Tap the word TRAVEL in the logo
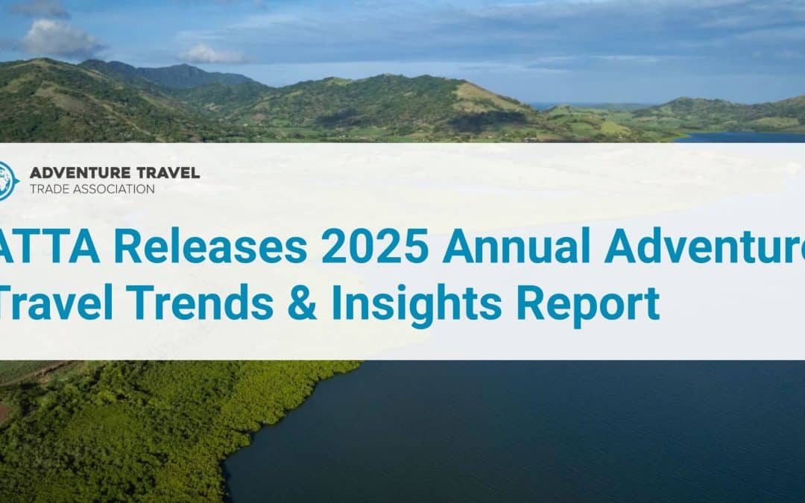click(169, 173)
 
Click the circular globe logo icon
click(6, 181)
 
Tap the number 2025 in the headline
click(374, 247)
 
